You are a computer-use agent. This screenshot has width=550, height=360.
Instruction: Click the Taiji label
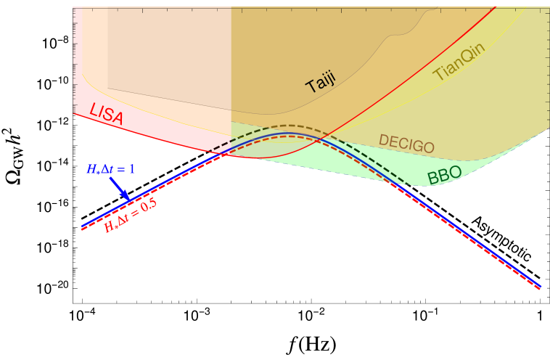tap(320, 83)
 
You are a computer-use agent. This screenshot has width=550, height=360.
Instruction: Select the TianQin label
tap(459, 62)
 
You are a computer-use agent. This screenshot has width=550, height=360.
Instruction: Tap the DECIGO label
tap(406, 144)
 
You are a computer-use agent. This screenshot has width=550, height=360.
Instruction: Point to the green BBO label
tap(444, 175)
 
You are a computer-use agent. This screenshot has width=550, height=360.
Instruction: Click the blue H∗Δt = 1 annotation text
tap(111, 170)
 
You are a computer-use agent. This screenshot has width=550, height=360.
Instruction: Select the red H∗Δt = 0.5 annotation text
tap(130, 216)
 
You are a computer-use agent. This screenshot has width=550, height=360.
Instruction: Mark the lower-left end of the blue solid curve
tap(81, 227)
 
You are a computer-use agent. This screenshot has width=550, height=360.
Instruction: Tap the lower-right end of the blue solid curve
tap(541, 287)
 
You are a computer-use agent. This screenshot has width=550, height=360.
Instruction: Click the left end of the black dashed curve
tap(210, 152)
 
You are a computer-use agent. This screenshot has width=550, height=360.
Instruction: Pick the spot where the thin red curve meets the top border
tap(496, 7)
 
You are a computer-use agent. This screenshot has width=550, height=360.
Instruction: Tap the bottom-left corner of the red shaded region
tap(75, 113)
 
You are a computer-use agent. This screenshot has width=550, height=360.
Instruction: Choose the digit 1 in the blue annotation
tap(132, 170)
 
